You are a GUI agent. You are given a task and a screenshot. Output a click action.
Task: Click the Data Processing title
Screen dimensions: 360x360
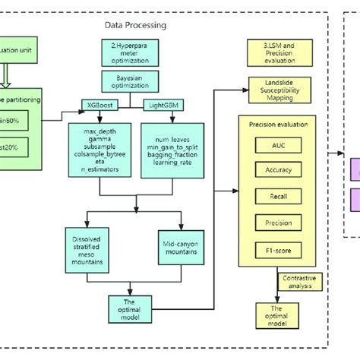135,25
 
